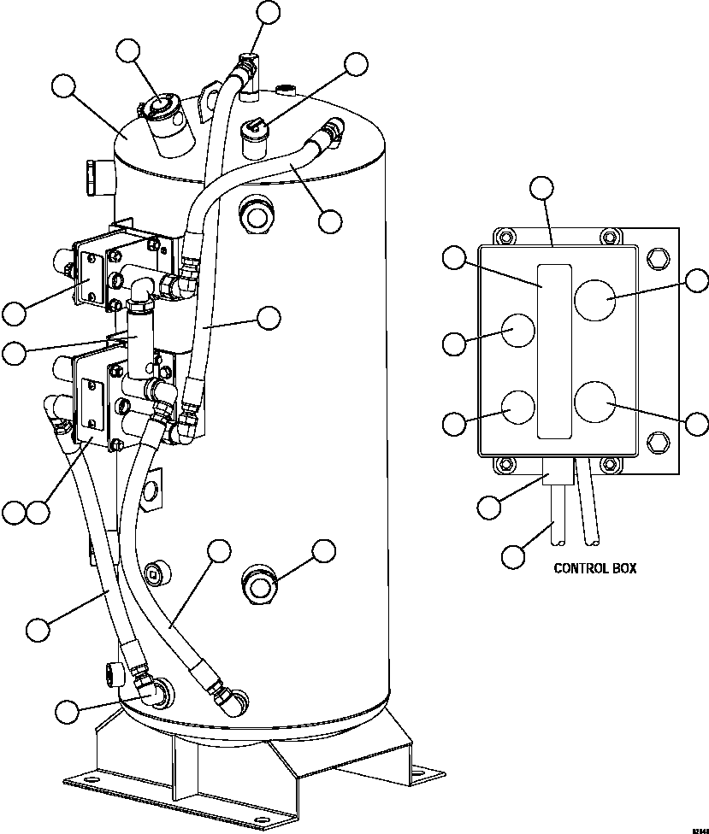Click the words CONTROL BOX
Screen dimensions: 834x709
click(x=594, y=568)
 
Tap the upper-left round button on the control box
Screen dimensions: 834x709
click(x=517, y=329)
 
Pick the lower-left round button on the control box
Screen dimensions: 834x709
click(x=517, y=408)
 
